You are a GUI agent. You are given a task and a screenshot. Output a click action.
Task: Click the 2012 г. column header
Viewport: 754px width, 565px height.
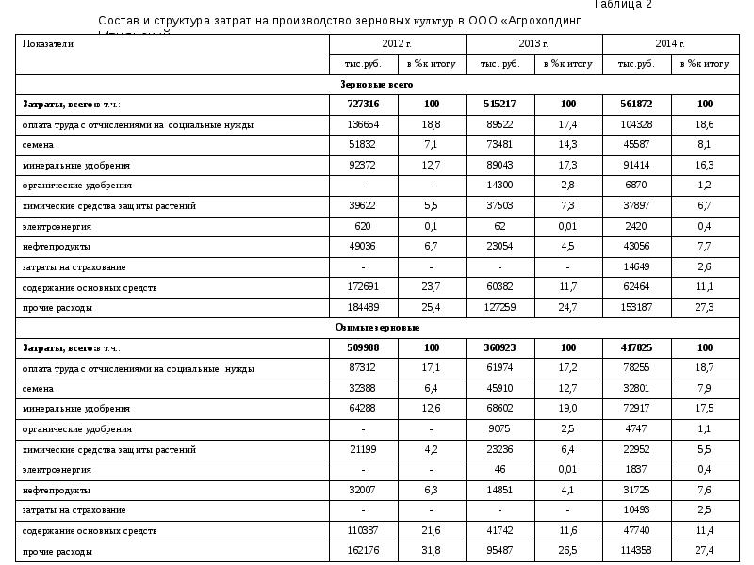coord(397,44)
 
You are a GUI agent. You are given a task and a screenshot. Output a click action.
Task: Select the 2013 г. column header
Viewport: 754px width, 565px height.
coord(533,44)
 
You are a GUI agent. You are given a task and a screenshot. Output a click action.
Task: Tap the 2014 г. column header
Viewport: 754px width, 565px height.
coord(670,44)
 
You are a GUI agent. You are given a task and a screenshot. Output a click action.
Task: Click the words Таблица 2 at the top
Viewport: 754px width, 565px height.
coord(623,5)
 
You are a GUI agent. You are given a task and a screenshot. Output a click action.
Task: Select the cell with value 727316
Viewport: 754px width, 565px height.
coord(363,105)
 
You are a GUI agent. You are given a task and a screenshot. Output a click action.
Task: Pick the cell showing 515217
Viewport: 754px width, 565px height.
coord(500,105)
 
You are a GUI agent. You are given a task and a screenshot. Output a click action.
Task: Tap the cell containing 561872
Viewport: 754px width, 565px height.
coord(636,105)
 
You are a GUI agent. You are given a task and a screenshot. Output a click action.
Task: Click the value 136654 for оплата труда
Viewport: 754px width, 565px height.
coord(363,125)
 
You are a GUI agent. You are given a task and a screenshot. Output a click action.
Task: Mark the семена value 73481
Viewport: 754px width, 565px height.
coord(500,145)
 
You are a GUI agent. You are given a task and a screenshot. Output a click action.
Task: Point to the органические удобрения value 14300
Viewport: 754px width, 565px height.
coord(500,186)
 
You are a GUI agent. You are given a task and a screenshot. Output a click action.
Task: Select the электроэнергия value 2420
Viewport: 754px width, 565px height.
coord(636,227)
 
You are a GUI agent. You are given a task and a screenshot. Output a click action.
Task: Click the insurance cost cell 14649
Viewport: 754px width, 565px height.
coord(636,267)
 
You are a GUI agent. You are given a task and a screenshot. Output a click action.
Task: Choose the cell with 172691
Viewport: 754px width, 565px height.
coord(363,287)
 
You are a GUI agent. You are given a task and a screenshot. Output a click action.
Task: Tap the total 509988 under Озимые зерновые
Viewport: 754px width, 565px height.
coord(363,348)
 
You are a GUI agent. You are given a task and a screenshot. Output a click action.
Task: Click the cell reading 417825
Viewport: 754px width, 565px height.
coord(636,348)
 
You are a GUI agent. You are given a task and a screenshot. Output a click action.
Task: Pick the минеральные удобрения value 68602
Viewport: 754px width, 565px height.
coord(500,409)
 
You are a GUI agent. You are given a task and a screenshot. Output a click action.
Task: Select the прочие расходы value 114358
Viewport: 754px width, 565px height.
coord(636,551)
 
